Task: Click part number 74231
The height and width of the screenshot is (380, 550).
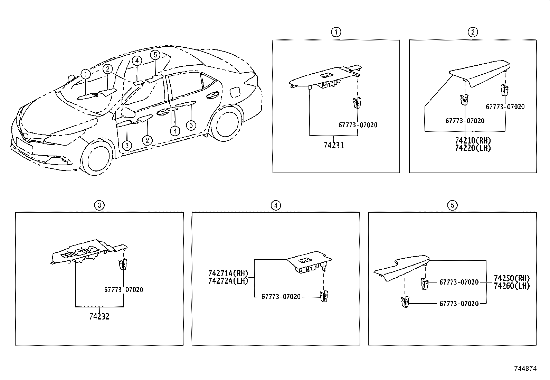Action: pyautogui.click(x=333, y=146)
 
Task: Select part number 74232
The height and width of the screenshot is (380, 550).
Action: pyautogui.click(x=99, y=316)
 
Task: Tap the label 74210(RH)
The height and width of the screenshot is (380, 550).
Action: pyautogui.click(x=473, y=141)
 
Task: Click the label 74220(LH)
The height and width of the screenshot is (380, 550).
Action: pyautogui.click(x=473, y=148)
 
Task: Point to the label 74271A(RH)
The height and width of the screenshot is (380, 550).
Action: pyautogui.click(x=228, y=274)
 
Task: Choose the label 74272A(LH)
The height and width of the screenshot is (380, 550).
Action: pyautogui.click(x=228, y=281)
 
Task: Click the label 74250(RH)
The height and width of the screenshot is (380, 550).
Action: pyautogui.click(x=511, y=279)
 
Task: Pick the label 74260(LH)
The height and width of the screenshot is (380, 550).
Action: pyautogui.click(x=511, y=286)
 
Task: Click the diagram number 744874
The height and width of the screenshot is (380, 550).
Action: pyautogui.click(x=525, y=369)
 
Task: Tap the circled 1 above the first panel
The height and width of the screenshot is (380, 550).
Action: pyautogui.click(x=336, y=33)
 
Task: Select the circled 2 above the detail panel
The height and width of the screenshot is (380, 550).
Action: pyautogui.click(x=473, y=33)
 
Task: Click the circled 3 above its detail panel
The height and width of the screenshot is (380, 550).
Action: pyautogui.click(x=99, y=205)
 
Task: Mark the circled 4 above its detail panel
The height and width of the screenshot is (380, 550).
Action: pyautogui.click(x=275, y=205)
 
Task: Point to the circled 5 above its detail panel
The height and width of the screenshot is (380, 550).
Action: pyautogui.click(x=452, y=205)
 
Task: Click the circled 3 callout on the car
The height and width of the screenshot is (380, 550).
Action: pyautogui.click(x=127, y=146)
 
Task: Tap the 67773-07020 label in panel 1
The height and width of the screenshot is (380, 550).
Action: pyautogui.click(x=358, y=125)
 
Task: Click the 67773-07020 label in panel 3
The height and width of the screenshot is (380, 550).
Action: pyautogui.click(x=123, y=290)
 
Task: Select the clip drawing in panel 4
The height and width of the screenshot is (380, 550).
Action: pyautogui.click(x=324, y=296)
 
